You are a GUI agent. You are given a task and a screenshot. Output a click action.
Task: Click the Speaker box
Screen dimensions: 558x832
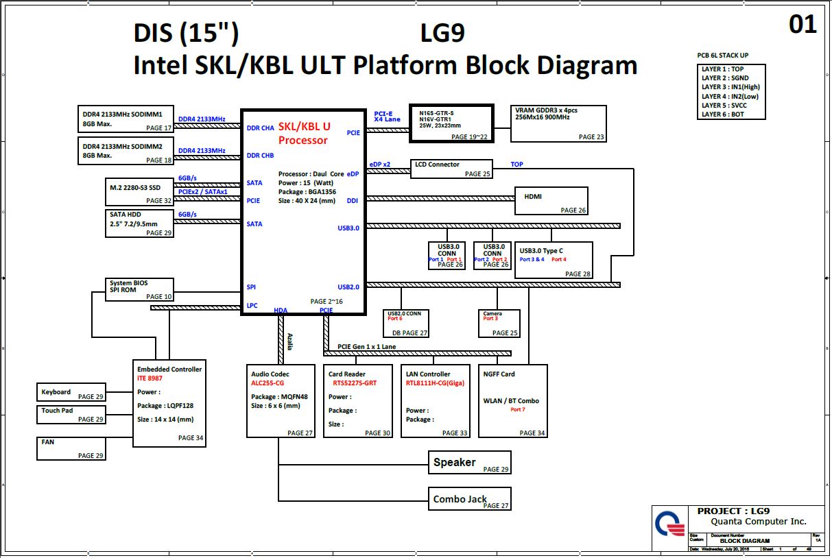tap(470, 462)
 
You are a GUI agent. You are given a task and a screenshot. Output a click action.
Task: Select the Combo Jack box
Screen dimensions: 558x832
tap(470, 498)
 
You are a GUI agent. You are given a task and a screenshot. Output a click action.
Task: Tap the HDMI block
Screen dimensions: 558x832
tap(552, 201)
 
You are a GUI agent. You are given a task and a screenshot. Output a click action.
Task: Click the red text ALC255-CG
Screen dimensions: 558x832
tap(268, 383)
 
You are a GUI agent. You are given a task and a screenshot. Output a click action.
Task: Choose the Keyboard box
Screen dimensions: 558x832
tap(71, 392)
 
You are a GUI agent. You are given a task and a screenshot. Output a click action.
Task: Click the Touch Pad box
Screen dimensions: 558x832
tap(71, 414)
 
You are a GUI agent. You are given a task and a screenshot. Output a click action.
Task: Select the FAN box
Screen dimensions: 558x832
tap(71, 448)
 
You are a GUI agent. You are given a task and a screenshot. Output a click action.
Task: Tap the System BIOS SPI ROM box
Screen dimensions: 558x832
tap(139, 289)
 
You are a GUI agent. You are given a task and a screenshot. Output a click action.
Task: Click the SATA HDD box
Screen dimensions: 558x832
tap(139, 223)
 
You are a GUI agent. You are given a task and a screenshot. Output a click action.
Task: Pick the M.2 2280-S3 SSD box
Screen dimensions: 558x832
tap(139, 193)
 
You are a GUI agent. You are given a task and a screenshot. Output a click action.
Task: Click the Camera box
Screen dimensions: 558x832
tap(499, 323)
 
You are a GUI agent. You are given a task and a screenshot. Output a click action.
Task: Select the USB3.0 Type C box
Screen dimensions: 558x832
tap(553, 260)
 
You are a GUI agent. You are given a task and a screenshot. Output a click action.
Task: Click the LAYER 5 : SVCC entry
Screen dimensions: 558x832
tap(724, 106)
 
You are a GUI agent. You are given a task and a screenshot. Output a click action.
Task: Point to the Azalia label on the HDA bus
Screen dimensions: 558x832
tap(290, 341)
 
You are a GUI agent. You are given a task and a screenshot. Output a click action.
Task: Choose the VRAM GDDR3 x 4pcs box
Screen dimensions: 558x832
tap(558, 123)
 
